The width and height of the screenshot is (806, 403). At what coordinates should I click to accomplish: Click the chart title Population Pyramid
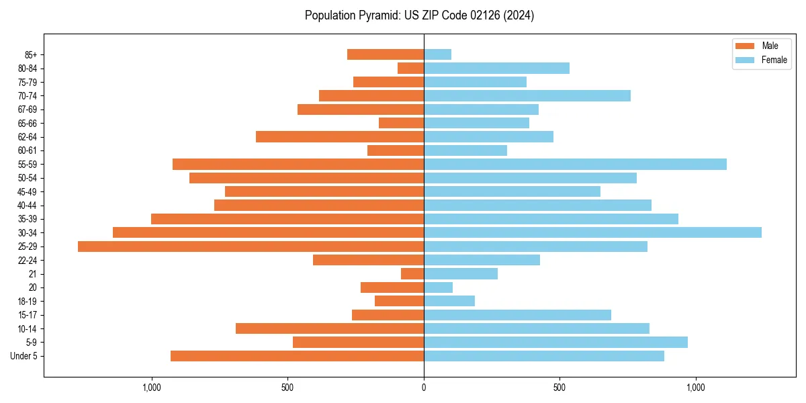(x=419, y=15)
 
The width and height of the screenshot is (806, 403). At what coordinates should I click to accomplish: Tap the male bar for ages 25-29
(x=251, y=247)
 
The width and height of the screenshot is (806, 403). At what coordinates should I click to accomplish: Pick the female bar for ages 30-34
(x=592, y=232)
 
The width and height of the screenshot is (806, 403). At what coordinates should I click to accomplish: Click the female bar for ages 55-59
(x=575, y=164)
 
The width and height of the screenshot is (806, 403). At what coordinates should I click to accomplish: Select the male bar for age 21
(x=412, y=274)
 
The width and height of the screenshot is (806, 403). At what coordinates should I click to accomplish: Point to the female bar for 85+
(x=437, y=54)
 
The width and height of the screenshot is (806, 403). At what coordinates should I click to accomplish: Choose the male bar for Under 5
(x=297, y=356)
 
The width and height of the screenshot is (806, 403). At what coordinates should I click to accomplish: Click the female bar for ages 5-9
(x=555, y=343)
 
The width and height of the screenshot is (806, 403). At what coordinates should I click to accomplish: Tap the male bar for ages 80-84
(x=410, y=68)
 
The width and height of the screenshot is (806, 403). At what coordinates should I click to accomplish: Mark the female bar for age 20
(x=438, y=287)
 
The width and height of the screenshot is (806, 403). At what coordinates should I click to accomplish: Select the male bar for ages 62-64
(x=340, y=136)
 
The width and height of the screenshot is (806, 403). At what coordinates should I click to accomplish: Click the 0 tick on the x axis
(x=424, y=388)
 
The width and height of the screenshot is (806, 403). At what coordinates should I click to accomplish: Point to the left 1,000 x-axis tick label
(x=151, y=388)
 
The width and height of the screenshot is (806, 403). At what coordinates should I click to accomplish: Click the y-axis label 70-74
(x=28, y=95)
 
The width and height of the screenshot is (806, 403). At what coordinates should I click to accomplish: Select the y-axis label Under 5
(x=24, y=356)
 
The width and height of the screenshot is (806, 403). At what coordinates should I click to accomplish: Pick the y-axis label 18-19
(x=28, y=302)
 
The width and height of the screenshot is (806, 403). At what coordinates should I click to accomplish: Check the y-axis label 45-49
(x=28, y=191)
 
